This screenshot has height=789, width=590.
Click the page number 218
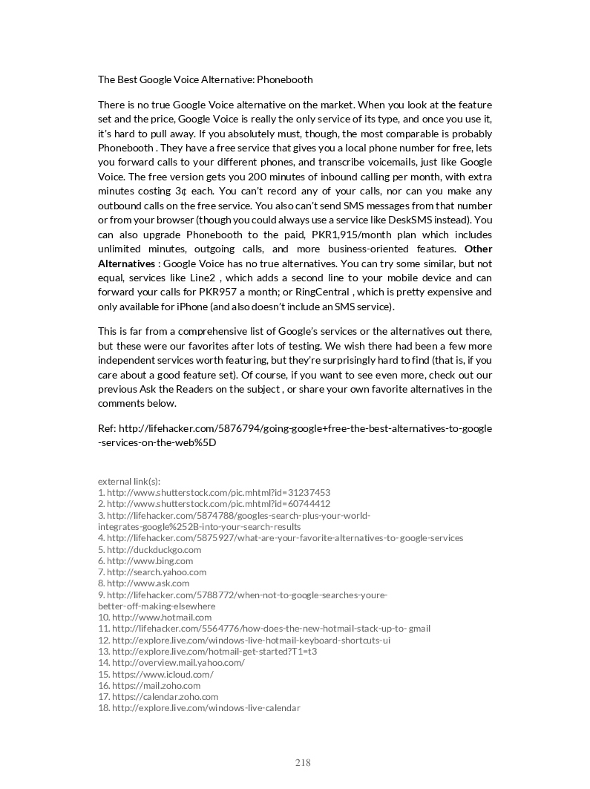pos(303,763)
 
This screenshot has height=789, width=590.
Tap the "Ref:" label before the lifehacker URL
pos(106,428)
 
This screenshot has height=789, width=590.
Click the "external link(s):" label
pos(129,481)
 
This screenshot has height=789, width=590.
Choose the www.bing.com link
pos(150,560)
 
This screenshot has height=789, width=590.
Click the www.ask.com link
pos(148,583)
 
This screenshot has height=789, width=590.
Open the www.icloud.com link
pos(163,674)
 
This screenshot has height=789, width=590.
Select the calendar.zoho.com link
pos(165,697)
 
